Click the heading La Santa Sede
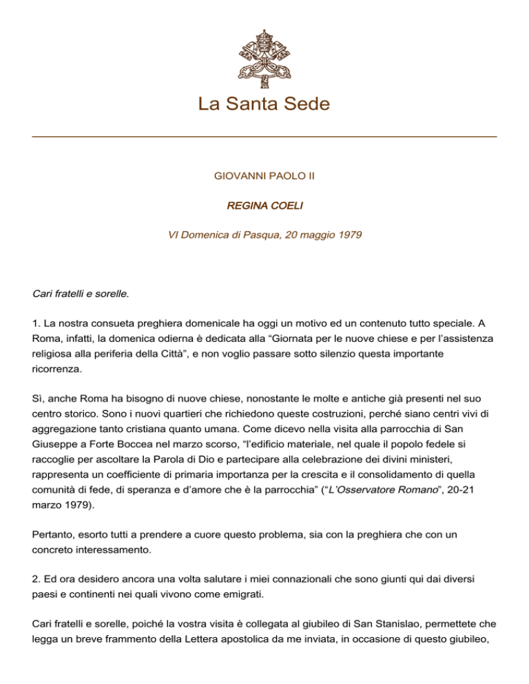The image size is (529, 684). click(264, 105)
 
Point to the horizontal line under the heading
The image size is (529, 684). click(264, 137)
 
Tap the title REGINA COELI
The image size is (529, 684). click(264, 206)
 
